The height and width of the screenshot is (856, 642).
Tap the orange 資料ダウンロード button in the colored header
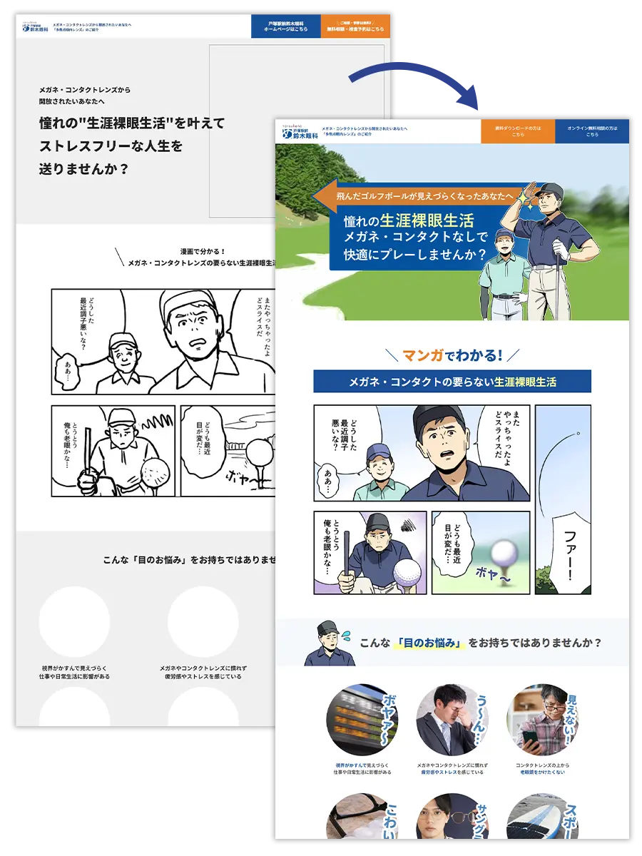pos(518,131)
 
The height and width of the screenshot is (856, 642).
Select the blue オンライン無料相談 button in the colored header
pos(592,131)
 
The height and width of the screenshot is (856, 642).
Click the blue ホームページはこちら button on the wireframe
pos(285,26)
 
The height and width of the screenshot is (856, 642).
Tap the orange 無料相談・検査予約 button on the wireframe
pos(355,26)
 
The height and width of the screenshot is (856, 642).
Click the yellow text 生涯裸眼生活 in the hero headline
pos(427,221)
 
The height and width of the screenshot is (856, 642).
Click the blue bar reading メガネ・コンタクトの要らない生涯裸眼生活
pos(452,382)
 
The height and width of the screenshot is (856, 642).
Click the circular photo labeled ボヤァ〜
pos(357,720)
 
